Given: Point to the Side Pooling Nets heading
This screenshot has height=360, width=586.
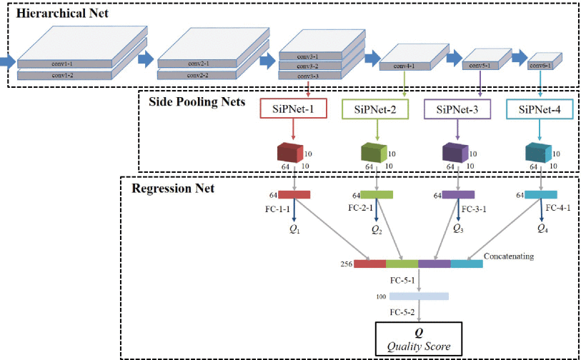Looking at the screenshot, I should [x=197, y=101].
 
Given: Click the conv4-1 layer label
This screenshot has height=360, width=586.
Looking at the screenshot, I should [x=402, y=66].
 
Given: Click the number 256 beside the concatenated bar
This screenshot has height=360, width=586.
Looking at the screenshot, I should [x=347, y=264].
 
